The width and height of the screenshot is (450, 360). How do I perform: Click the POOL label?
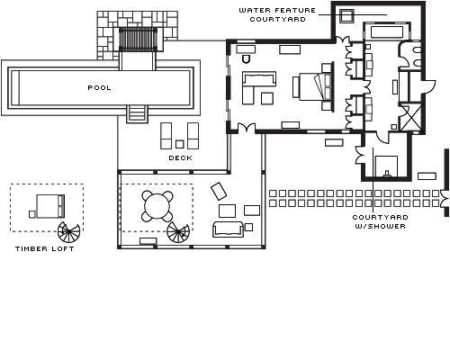(x=99, y=88)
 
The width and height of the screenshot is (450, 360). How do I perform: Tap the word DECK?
(x=180, y=157)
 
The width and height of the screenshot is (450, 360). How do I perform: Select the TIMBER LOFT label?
(x=45, y=248)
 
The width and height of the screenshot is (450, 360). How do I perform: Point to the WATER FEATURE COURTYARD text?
(x=277, y=14)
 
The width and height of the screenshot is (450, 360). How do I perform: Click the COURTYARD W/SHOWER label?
(x=380, y=221)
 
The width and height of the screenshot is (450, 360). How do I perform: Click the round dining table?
(x=157, y=206)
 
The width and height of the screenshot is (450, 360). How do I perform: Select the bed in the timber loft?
(x=50, y=206)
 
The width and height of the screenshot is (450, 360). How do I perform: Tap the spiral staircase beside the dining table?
(x=178, y=233)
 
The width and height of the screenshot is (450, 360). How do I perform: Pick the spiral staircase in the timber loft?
(x=68, y=232)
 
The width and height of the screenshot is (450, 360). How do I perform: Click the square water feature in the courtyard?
(x=346, y=15)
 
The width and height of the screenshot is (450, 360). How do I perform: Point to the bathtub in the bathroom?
(x=387, y=32)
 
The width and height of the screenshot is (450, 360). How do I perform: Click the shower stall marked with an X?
(x=411, y=117)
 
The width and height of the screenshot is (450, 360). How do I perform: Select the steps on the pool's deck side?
(x=137, y=113)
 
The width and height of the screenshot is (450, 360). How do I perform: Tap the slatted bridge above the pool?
(x=138, y=40)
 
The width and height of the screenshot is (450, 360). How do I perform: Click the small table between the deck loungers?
(x=179, y=144)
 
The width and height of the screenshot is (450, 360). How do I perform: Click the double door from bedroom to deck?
(x=247, y=128)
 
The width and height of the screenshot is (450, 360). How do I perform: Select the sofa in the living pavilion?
(x=228, y=229)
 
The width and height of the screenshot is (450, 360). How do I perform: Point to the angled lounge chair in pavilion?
(x=219, y=191)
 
